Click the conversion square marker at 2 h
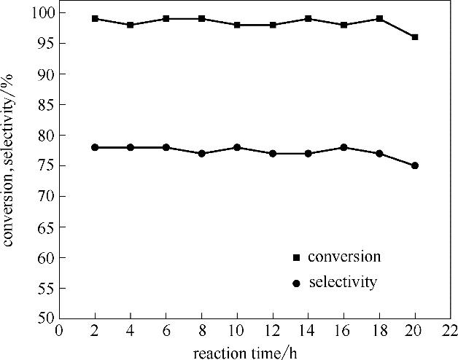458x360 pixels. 95,19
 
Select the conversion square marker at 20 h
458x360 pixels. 415,37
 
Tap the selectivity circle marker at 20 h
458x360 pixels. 415,165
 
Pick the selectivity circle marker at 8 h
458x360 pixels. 202,154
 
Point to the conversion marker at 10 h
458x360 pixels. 238,25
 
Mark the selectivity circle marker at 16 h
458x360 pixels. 344,147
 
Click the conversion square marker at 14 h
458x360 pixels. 308,19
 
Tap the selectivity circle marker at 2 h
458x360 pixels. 95,147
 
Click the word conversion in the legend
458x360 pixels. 344,257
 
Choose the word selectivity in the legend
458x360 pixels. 343,282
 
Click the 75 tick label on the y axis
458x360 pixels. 47,165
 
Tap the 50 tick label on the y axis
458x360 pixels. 47,318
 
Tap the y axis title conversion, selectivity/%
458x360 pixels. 10,165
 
